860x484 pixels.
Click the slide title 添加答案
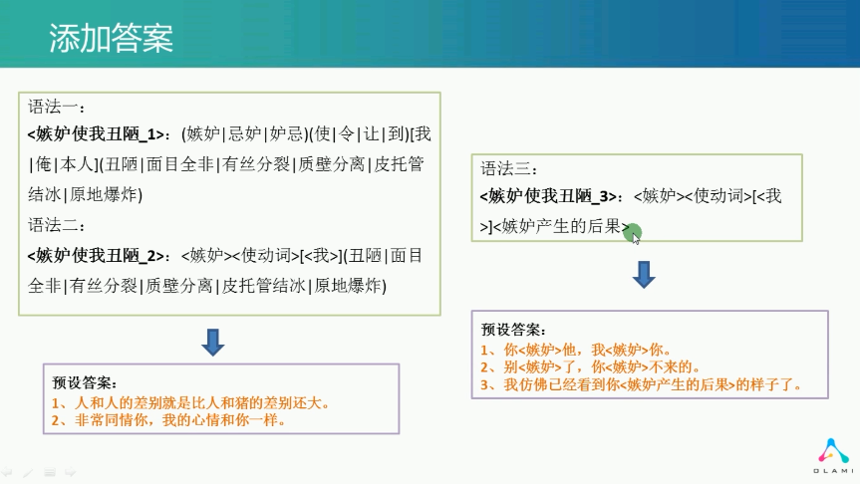pyautogui.click(x=112, y=38)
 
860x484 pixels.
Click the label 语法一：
pyautogui.click(x=57, y=107)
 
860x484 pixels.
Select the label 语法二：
pyautogui.click(x=57, y=225)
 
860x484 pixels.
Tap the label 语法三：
pyautogui.click(x=509, y=168)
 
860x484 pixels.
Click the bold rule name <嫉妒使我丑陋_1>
pyautogui.click(x=96, y=134)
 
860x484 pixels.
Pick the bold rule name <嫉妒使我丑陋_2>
pyautogui.click(x=96, y=255)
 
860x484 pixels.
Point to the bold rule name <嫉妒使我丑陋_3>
pyautogui.click(x=548, y=196)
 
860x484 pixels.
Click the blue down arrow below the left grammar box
pyautogui.click(x=213, y=342)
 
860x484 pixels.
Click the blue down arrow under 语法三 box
pyautogui.click(x=644, y=275)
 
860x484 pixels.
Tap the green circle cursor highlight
pyautogui.click(x=633, y=232)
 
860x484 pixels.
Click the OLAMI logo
pyautogui.click(x=833, y=456)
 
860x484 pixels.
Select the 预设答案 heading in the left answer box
pyautogui.click(x=84, y=382)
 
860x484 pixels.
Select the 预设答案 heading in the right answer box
pyautogui.click(x=513, y=330)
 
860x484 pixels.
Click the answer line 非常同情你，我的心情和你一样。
pyautogui.click(x=168, y=420)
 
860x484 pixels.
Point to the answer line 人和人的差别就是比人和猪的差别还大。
pyautogui.click(x=191, y=403)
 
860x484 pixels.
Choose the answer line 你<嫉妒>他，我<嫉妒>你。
pyautogui.click(x=575, y=350)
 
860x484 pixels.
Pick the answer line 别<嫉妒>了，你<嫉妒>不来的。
pyautogui.click(x=590, y=367)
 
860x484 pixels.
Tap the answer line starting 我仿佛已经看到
pyautogui.click(x=641, y=384)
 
